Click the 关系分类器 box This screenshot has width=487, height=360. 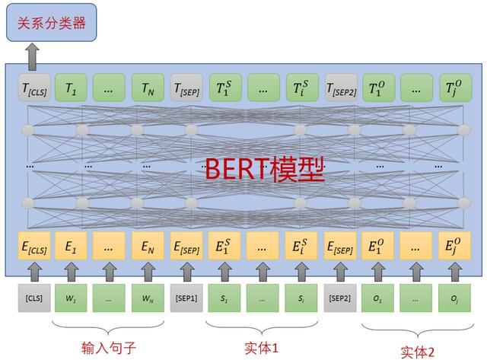pyautogui.click(x=52, y=22)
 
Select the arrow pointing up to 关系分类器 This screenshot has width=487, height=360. pyautogui.click(x=32, y=56)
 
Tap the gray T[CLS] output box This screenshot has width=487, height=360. pyautogui.click(x=34, y=88)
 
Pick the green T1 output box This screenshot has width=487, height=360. pyautogui.click(x=71, y=88)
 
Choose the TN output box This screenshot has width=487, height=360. pyautogui.click(x=148, y=88)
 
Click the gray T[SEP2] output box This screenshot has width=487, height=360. pyautogui.click(x=341, y=88)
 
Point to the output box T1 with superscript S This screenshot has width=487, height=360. pyautogui.click(x=225, y=88)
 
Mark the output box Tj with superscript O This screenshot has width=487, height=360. pyautogui.click(x=455, y=88)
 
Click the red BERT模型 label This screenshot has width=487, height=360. pyautogui.click(x=265, y=169)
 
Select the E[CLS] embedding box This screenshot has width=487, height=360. pyautogui.click(x=34, y=246)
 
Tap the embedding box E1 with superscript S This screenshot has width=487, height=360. pyautogui.click(x=224, y=246)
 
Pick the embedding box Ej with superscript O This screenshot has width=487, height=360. pyautogui.click(x=454, y=246)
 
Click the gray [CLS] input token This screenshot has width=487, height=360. pyautogui.click(x=34, y=298)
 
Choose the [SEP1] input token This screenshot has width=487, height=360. pyautogui.click(x=186, y=298)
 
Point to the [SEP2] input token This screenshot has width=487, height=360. pyautogui.click(x=340, y=298)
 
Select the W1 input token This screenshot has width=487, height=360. pyautogui.click(x=71, y=298)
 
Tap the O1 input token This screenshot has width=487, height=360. pyautogui.click(x=377, y=298)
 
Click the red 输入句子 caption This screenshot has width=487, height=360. pyautogui.click(x=109, y=348)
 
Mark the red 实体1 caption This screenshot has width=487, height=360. pyautogui.click(x=261, y=348)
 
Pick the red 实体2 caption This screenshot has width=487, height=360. pyautogui.click(x=417, y=352)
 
